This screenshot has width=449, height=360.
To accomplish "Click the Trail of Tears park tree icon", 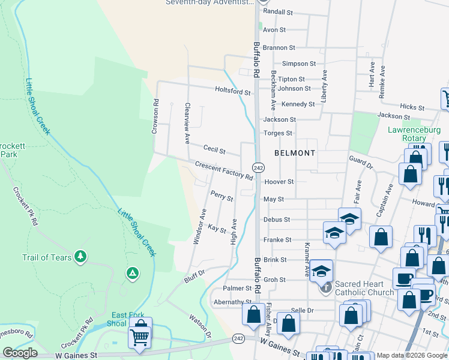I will pos(80,257).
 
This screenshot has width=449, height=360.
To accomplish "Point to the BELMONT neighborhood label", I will pos(295,153).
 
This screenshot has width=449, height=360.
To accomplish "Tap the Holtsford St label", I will pos(233,92).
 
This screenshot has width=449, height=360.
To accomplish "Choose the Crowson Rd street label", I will pos(156,116).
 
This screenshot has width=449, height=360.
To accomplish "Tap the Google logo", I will pos(20,353).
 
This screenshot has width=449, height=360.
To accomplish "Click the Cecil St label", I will pos(214,149).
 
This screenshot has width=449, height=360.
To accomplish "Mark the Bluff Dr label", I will pos(194,276).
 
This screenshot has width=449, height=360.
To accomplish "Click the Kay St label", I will pos(217,229).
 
